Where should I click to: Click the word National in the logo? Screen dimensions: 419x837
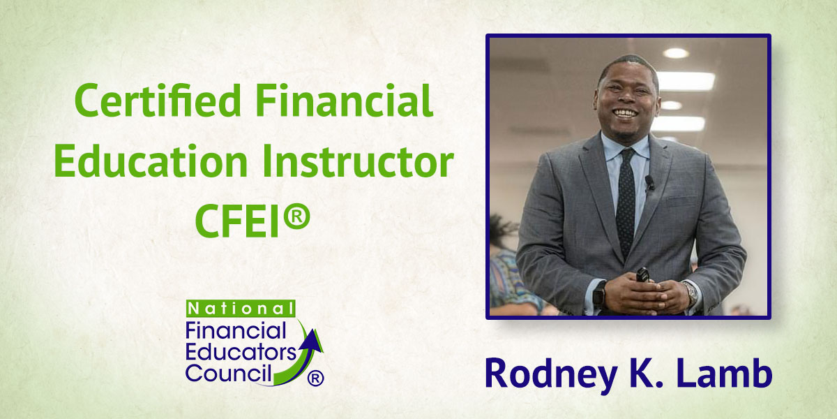(x=239, y=309)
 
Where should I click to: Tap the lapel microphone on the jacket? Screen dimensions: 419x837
(x=649, y=183)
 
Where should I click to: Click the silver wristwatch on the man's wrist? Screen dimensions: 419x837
(x=691, y=292)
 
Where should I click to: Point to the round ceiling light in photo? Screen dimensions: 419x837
(x=675, y=53)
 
